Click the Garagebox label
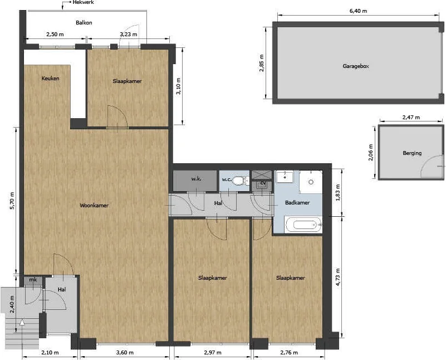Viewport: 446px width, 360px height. click(356, 66)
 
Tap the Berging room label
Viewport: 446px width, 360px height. click(412, 153)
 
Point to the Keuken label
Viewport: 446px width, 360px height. click(50, 78)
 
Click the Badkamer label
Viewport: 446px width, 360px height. click(297, 203)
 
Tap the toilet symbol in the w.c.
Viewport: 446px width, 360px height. click(240, 180)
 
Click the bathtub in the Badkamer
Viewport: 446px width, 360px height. click(303, 225)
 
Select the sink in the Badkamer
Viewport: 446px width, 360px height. click(285, 176)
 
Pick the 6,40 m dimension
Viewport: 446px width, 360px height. click(358, 11)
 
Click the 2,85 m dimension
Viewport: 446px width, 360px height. click(262, 63)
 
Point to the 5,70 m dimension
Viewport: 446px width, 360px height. click(12, 201)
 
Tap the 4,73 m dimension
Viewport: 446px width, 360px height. click(338, 277)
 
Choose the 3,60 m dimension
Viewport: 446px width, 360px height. click(125, 353)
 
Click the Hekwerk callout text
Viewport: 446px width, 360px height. click(83, 3)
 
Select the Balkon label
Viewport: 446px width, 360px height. click(84, 22)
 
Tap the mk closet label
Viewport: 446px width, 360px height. click(33, 280)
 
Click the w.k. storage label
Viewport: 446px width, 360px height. click(196, 179)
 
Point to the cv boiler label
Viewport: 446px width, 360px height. click(263, 182)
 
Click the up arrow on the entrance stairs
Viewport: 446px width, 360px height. click(22, 323)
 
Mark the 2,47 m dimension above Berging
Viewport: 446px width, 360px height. click(411, 117)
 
